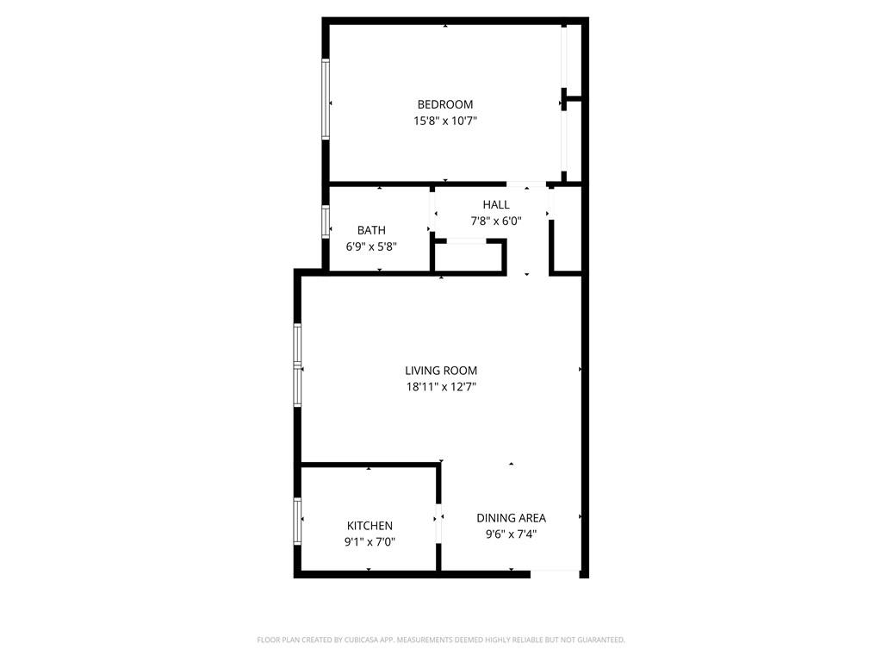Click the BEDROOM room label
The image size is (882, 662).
coord(445,104)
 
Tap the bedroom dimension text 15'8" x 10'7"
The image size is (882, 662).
coord(445,121)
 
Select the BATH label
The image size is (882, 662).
coord(371,230)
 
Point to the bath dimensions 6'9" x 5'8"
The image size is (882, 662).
coord(371,247)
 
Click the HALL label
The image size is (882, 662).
coord(496,204)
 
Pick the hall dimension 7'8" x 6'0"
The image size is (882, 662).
coord(496,221)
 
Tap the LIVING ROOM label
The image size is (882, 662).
coord(441,371)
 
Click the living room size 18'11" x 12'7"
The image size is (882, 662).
coord(441,387)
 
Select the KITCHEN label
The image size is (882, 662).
coord(370,526)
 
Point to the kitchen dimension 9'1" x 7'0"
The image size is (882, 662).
coord(370,542)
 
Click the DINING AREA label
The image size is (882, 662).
coord(512,518)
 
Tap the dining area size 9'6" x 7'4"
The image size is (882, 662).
coord(512,534)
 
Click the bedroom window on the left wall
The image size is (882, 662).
coord(325,98)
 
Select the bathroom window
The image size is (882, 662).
coord(325,222)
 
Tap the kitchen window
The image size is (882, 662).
coord(297,521)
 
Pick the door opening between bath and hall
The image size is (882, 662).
coord(432,213)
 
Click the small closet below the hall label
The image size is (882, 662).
coord(469,257)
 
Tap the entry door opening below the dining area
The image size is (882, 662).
coord(556,573)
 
